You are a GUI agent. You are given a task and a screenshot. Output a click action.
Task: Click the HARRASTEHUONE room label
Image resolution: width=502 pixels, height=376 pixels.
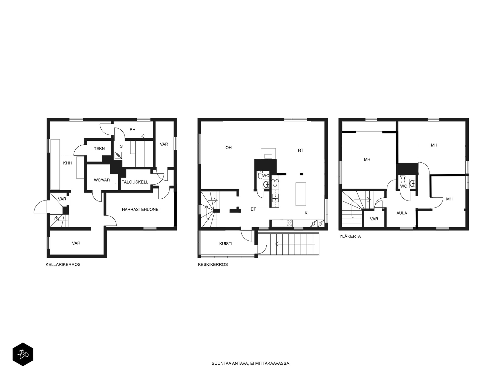(x=140, y=209)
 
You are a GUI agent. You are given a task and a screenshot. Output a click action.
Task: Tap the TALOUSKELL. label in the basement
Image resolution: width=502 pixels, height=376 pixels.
(x=136, y=182)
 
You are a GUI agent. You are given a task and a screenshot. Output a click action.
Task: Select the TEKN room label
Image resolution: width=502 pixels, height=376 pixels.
(x=99, y=149)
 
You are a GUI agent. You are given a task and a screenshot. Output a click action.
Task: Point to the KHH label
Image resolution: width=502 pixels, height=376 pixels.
(x=67, y=163)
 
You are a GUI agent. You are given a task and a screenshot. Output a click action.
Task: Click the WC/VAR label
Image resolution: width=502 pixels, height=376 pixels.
(x=102, y=180)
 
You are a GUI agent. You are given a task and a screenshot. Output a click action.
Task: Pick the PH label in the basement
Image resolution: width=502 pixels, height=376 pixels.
(x=132, y=130)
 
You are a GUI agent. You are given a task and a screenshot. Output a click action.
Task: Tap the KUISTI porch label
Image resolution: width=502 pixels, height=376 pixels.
(x=226, y=243)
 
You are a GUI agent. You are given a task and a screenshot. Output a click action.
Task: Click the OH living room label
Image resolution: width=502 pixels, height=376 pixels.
(x=228, y=148)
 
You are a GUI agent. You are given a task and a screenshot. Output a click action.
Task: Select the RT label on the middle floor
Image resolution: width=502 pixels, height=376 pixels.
(x=301, y=150)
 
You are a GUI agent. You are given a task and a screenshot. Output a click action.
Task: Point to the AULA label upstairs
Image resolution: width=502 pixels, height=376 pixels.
(x=402, y=213)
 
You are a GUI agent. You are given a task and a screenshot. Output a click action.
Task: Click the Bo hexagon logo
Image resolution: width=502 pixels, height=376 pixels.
(x=23, y=354)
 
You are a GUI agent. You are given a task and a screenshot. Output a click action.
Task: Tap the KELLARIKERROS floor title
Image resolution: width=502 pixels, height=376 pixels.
(x=63, y=264)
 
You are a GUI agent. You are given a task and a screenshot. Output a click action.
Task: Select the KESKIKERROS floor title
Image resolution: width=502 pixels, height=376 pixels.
(x=213, y=264)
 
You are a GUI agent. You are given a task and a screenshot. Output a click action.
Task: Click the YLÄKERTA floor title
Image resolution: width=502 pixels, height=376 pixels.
(x=350, y=236)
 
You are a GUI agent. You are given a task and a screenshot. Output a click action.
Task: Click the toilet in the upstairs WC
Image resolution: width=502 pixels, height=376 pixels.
(x=403, y=179)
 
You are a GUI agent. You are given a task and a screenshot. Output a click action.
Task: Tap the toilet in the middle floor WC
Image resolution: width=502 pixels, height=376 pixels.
(x=260, y=175)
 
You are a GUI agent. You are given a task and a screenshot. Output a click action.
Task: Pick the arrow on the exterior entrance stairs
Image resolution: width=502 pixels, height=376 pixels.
(x=295, y=244)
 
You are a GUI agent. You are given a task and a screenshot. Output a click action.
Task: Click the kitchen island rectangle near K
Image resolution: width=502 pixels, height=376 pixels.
(x=301, y=194)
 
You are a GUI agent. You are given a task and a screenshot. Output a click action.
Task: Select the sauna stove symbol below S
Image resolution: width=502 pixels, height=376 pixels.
(x=118, y=155)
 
